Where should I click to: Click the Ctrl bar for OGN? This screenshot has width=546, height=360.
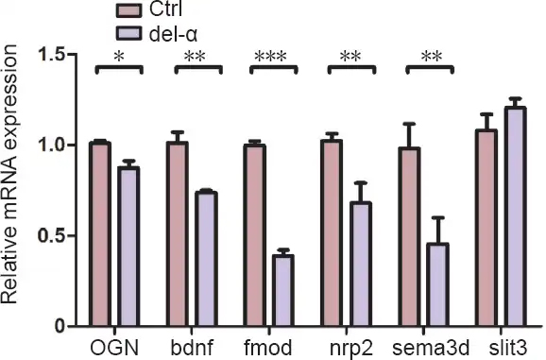click(100, 234)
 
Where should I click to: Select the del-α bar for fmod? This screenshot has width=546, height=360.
click(283, 291)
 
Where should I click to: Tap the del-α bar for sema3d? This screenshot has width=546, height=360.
click(437, 284)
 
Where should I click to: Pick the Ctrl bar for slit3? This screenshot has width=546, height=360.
click(486, 228)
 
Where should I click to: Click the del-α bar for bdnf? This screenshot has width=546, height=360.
click(206, 259)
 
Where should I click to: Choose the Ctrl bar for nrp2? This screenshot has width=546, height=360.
click(332, 233)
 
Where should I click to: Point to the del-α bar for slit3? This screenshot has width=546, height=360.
click(516, 216)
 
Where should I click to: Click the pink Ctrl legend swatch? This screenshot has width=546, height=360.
click(128, 10)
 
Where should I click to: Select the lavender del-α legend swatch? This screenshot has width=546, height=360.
click(128, 34)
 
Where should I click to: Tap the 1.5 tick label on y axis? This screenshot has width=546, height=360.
click(52, 55)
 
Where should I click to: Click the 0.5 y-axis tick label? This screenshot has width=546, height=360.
click(52, 235)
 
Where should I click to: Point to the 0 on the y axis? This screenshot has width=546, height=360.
click(60, 327)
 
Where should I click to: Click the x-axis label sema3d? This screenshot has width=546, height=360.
click(431, 348)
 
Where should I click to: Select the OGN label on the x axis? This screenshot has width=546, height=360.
click(114, 348)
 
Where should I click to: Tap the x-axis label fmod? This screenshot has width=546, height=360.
click(268, 348)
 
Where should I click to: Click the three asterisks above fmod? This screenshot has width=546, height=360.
click(270, 56)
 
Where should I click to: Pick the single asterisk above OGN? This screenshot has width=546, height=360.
click(119, 57)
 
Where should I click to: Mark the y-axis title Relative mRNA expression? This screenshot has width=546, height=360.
click(9, 174)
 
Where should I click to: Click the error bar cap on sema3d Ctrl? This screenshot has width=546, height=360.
click(410, 123)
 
